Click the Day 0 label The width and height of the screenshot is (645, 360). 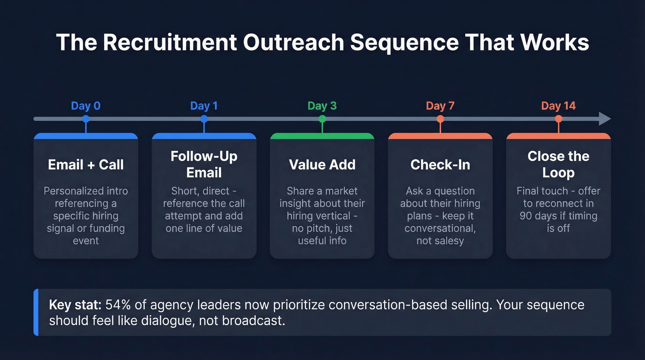86,106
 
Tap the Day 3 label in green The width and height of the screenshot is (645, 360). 322,106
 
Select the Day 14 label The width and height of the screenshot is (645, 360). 558,106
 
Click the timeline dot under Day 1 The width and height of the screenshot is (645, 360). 204,119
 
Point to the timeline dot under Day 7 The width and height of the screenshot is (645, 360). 440,119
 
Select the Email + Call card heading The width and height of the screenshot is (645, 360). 86,165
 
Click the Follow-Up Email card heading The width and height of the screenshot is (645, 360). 204,165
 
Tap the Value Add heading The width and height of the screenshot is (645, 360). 322,165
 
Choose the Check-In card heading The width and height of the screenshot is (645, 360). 440,165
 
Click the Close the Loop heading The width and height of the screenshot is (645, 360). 558,165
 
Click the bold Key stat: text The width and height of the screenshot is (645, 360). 76,305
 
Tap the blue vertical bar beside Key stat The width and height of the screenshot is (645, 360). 36,312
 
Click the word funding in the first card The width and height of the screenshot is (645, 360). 108,228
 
